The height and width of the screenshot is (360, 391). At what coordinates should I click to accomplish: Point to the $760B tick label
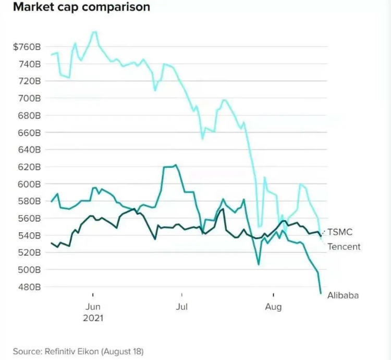[27, 47]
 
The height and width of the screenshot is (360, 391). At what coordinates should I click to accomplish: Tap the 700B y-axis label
[29, 98]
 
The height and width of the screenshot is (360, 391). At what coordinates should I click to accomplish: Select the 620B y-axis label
[29, 167]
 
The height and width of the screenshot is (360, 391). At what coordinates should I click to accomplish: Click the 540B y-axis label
[29, 235]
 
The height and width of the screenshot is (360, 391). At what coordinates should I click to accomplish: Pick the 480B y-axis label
[29, 287]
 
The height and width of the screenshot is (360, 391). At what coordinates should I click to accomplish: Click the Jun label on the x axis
[93, 307]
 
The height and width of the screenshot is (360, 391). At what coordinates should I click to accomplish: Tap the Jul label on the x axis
[181, 307]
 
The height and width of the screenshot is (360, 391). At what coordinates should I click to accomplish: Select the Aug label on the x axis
[273, 307]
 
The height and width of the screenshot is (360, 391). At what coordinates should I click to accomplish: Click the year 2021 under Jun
[93, 318]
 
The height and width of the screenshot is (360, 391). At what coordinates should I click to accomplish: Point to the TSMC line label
[340, 232]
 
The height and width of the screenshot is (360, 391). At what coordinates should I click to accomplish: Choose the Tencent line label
[344, 246]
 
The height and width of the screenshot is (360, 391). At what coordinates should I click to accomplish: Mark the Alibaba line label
[343, 295]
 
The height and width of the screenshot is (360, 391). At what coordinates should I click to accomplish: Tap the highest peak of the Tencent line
[94, 32]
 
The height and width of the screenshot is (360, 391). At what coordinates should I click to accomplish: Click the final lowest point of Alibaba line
[320, 293]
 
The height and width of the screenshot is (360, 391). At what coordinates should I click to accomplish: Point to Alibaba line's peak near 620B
[176, 165]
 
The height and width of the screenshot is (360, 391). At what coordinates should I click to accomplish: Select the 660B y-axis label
[29, 132]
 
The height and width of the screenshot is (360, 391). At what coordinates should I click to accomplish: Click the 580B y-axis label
[29, 201]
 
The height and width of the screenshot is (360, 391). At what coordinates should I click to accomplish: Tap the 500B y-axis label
[29, 269]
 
